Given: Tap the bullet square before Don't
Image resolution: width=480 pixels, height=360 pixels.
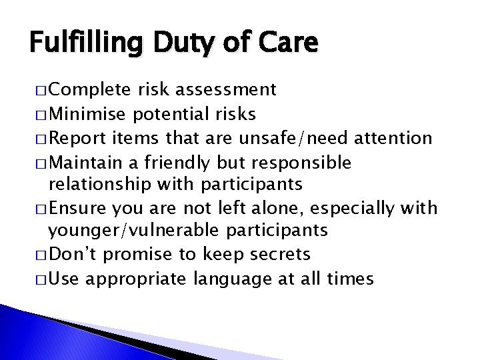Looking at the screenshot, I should click(x=37, y=255).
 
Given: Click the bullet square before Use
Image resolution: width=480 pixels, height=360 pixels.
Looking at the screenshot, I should click(x=37, y=279).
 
